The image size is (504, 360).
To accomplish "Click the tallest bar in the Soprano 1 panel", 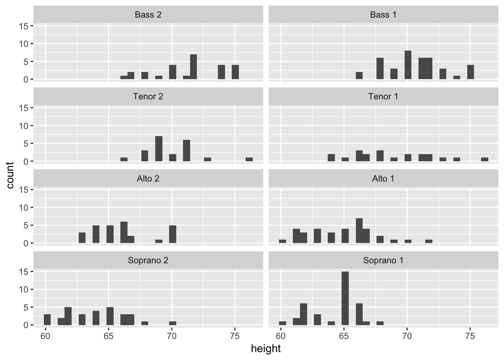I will tap(345, 298).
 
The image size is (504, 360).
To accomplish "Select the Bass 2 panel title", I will tap(148, 15).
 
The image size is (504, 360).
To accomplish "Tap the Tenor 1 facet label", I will tap(383, 97).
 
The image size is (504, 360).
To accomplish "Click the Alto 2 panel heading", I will tap(148, 178).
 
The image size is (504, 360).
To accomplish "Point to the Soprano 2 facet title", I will tap(148, 260).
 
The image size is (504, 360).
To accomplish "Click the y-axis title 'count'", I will tap(10, 175).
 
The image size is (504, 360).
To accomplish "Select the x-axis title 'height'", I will tap(265, 349).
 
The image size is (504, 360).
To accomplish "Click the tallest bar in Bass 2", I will tap(193, 67).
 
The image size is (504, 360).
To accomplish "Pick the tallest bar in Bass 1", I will tap(408, 65).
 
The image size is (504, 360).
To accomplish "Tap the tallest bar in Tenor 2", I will tap(159, 148).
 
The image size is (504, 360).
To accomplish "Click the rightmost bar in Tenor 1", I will tap(484, 159).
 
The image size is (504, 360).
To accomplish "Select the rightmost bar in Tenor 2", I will tap(249, 159).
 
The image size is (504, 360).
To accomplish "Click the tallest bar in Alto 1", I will tap(359, 231).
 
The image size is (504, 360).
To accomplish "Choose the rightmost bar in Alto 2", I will tap(172, 234).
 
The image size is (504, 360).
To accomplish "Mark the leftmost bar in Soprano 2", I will tap(47, 319).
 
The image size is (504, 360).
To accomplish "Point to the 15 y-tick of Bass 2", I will tap(24, 26).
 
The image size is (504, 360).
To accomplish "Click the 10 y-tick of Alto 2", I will tap(24, 207).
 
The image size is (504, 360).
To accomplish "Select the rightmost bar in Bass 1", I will tap(471, 72).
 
